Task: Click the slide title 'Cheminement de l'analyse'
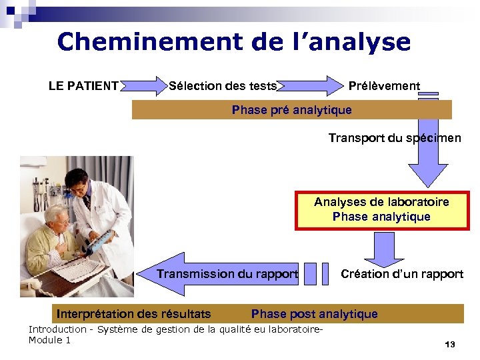pos(234,42)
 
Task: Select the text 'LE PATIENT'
pos(83,86)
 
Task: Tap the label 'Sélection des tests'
pos(223,86)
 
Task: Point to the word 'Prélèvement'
pos(384,86)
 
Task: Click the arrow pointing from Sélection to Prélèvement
pos(310,86)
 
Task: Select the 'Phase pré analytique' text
pos(291,110)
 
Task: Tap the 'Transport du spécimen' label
pos(394,138)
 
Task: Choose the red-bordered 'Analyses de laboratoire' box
pos(381,209)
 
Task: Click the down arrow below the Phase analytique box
pos(383,249)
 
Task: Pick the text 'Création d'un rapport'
pos(401,274)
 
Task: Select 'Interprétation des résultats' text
pos(134,314)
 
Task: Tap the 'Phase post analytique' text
pos(314,314)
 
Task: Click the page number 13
pos(449,345)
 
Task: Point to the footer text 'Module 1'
pos(49,341)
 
